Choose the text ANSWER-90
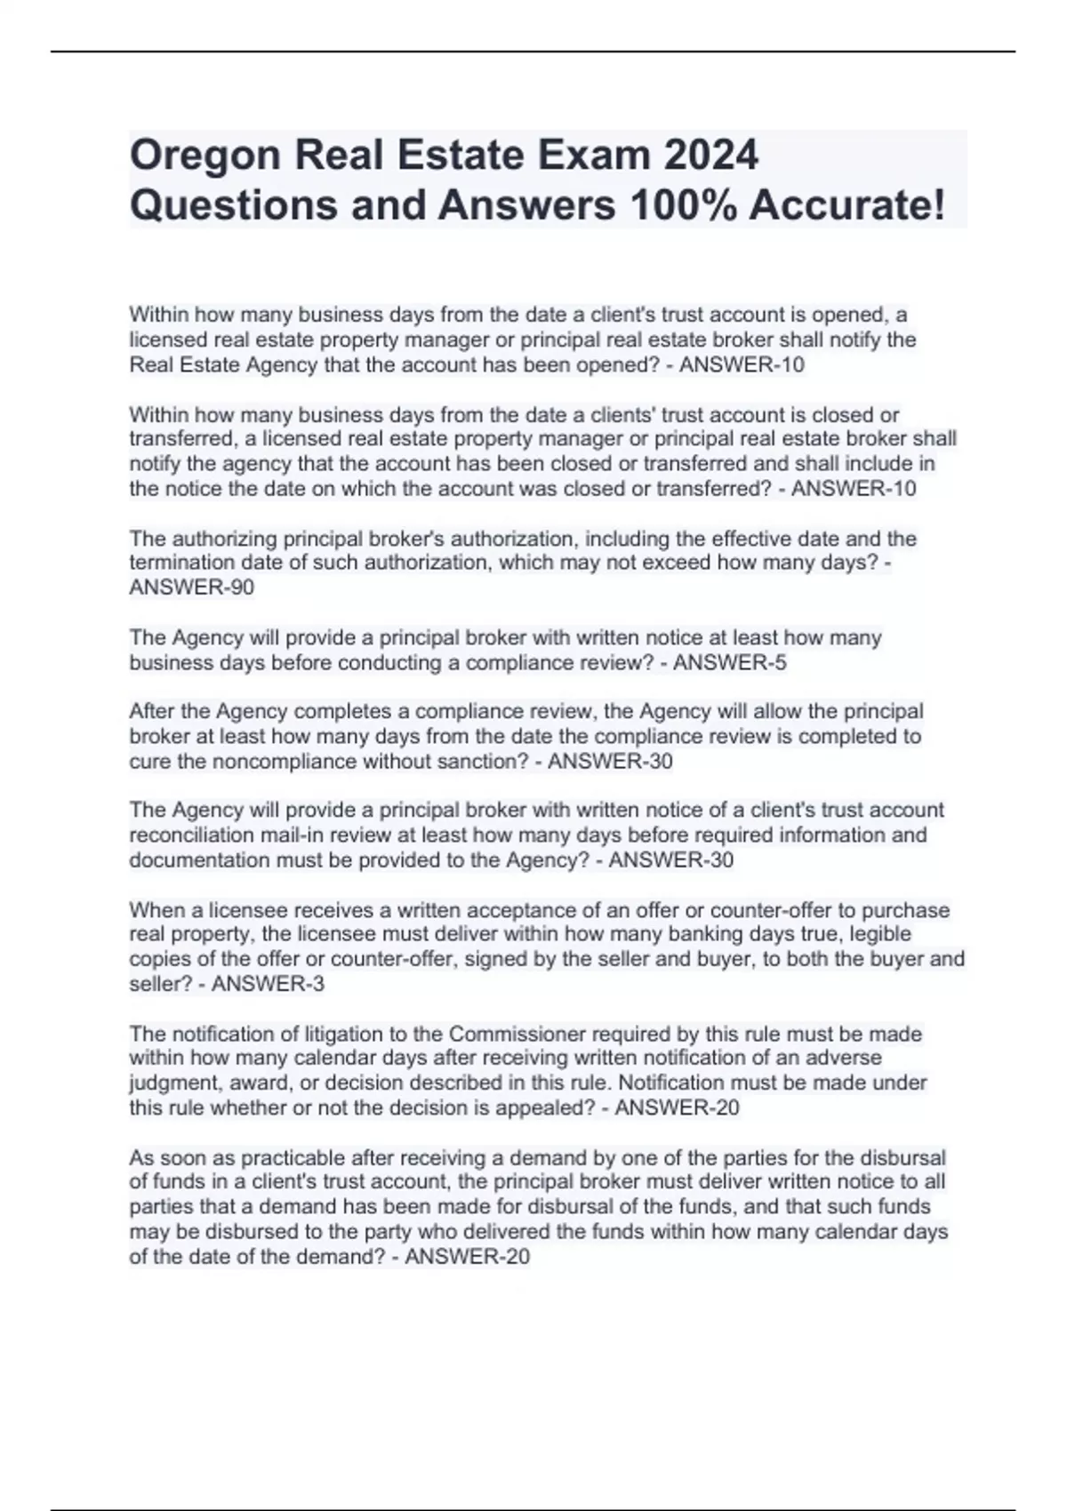point(191,588)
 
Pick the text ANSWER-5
point(730,662)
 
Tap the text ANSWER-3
point(268,984)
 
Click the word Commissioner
point(517,1034)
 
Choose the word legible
point(880,934)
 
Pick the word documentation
point(198,860)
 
